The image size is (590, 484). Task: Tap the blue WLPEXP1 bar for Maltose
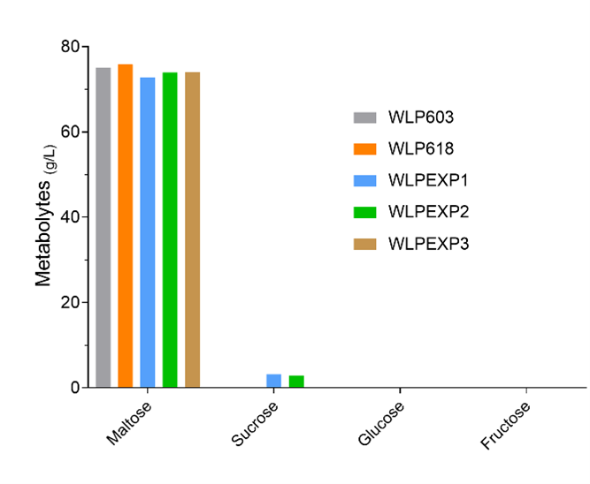pyautogui.click(x=148, y=232)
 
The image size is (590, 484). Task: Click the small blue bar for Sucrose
pyautogui.click(x=274, y=381)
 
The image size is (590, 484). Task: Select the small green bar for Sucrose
pyautogui.click(x=296, y=382)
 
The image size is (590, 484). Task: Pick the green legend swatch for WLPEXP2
pyautogui.click(x=365, y=212)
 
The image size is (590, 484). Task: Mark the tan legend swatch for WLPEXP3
pyautogui.click(x=365, y=244)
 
